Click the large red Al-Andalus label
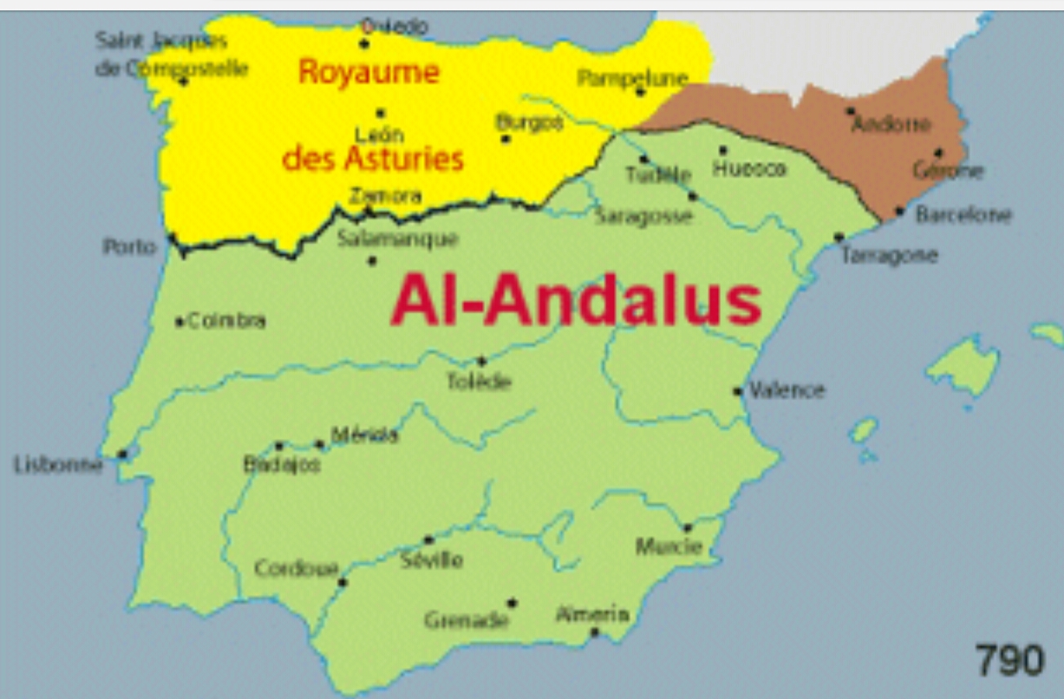576,301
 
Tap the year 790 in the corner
1009,660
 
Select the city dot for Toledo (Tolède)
481,361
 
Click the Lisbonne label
57,466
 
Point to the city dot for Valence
738,391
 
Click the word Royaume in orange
369,71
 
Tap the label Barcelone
963,214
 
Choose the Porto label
130,247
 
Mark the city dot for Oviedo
364,43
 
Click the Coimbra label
226,321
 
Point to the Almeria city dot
594,631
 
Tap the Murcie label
669,546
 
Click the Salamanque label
397,238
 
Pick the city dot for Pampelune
640,92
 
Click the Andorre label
891,125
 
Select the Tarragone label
889,255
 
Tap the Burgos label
529,122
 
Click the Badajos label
282,466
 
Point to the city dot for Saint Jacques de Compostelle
184,82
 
